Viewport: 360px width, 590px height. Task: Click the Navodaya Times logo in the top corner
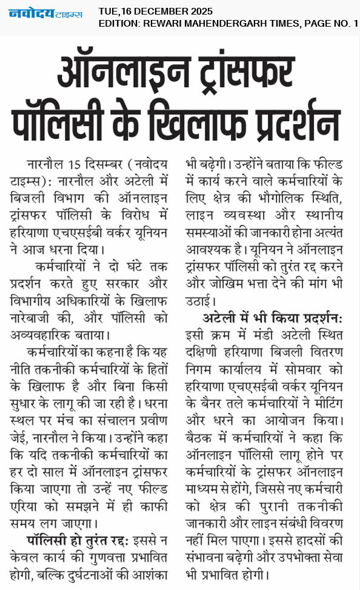[45, 14]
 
